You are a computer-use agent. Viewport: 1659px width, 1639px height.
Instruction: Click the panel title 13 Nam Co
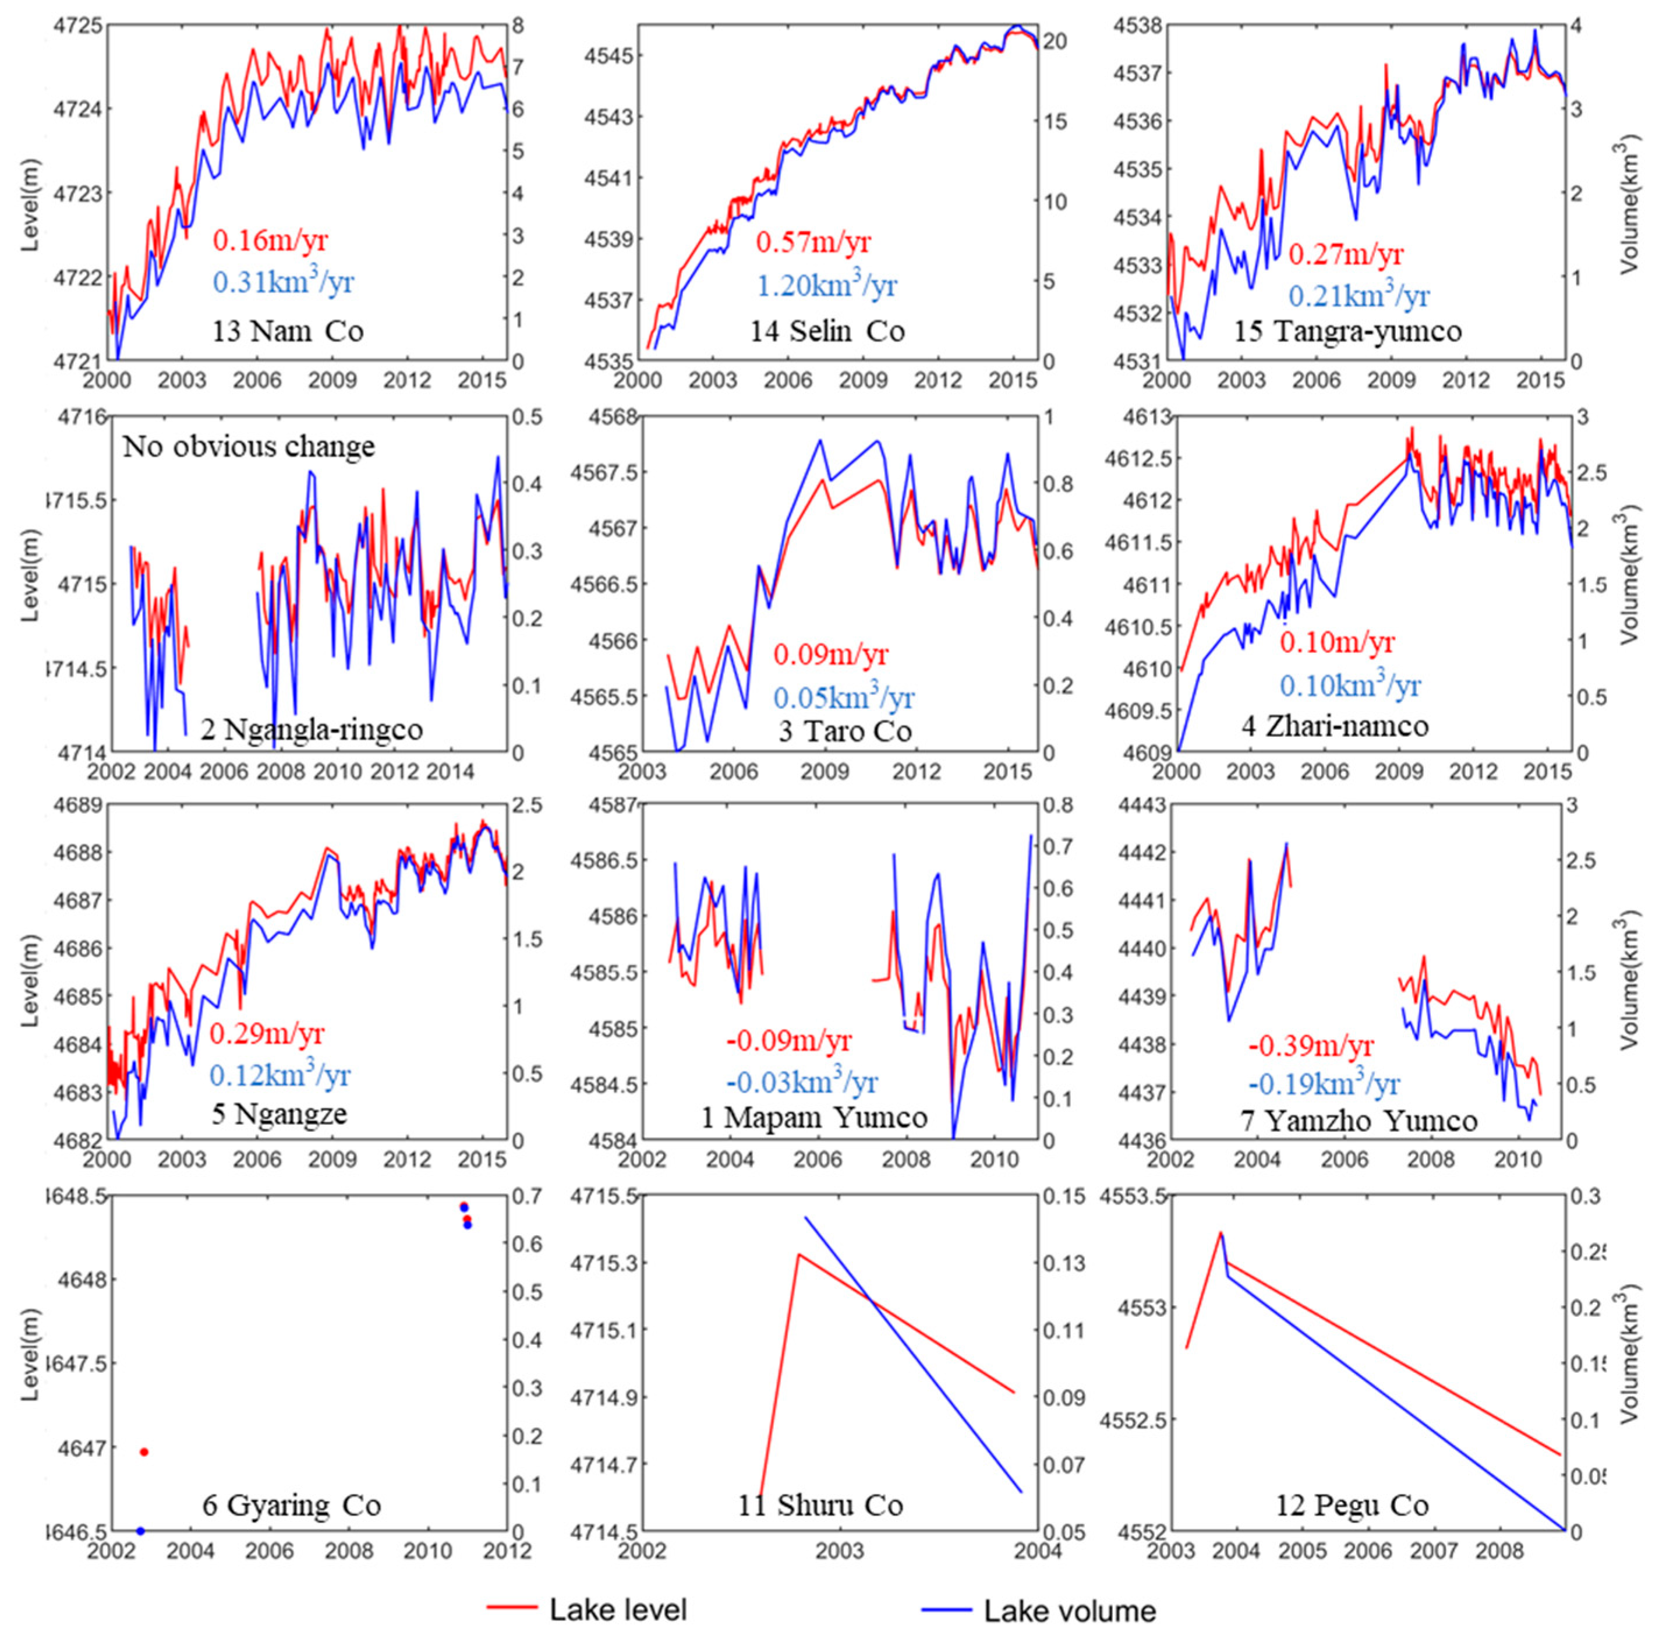tap(288, 331)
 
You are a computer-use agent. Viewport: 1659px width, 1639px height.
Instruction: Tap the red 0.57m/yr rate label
tap(812, 242)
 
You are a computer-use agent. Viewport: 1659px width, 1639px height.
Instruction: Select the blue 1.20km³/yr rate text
tap(826, 284)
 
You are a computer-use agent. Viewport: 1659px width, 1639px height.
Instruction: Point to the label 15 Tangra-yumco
tap(1347, 331)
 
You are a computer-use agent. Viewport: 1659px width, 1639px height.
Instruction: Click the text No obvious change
tap(249, 447)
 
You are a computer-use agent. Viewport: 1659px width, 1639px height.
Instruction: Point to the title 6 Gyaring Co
tap(291, 1505)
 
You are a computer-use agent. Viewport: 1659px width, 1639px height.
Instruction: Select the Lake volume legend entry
tap(1069, 1610)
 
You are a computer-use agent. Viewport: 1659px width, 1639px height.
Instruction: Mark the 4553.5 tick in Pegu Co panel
tap(1134, 1196)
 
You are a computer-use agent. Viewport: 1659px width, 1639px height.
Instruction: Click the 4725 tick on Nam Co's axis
tap(78, 26)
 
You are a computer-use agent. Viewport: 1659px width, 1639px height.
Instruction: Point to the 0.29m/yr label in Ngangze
tap(268, 1033)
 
